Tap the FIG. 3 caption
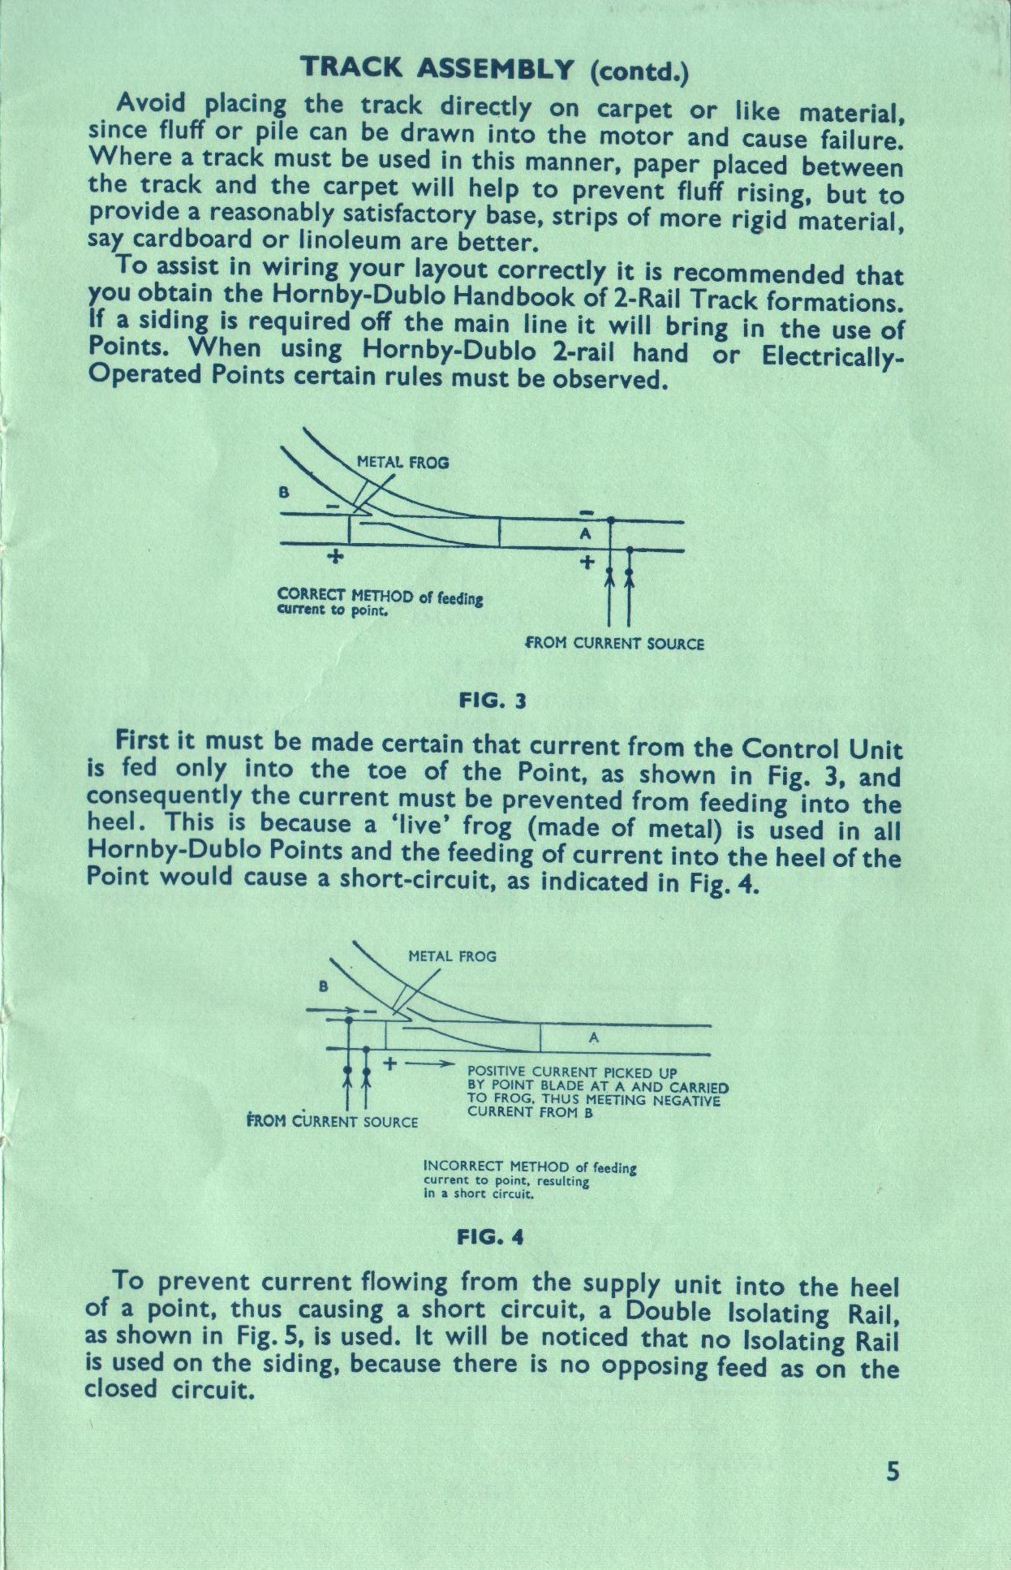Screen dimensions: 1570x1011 click(x=493, y=700)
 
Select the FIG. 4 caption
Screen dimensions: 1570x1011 click(x=490, y=1236)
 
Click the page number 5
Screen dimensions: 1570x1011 click(x=893, y=1472)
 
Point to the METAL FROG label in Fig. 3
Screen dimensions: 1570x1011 click(x=402, y=463)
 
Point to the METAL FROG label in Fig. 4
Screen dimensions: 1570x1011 click(x=452, y=956)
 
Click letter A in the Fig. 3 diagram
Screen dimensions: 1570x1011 click(x=585, y=535)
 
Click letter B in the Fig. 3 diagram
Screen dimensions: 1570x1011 click(x=283, y=492)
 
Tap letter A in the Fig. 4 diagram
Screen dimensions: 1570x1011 click(x=593, y=1037)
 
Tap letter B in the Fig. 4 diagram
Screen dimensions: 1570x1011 click(x=323, y=986)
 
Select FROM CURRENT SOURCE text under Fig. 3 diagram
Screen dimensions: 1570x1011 click(x=615, y=644)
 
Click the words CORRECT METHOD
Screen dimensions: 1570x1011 click(x=346, y=594)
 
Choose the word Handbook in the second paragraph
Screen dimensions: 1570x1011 click(x=536, y=296)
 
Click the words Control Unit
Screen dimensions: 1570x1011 click(x=821, y=748)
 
